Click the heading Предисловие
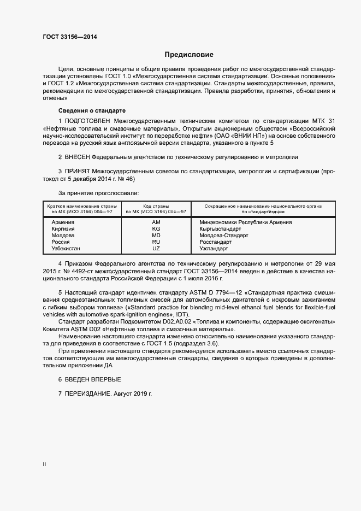point(189,55)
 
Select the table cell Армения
point(63,222)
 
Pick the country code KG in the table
point(156,229)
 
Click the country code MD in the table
point(156,236)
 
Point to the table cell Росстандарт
point(216,242)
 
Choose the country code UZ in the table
point(156,249)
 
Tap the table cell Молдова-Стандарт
point(224,236)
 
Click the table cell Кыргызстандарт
point(220,229)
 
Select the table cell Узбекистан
point(66,249)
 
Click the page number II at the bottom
point(44,465)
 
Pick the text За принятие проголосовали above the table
point(98,193)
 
